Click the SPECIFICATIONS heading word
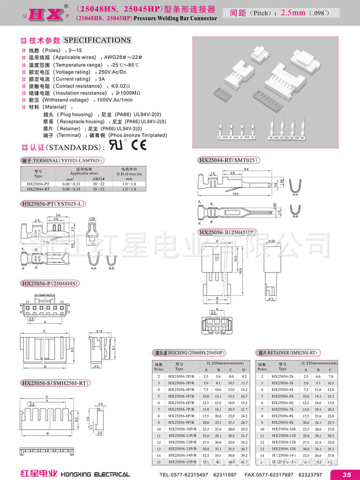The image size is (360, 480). [97, 40]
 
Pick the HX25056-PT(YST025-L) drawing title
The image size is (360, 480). [53, 204]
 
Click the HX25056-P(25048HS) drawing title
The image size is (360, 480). [49, 284]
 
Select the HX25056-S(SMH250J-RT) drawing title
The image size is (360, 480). [54, 383]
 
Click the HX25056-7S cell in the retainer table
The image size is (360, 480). [282, 409]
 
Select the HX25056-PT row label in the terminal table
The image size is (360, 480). [38, 184]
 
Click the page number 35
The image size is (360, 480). [346, 474]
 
